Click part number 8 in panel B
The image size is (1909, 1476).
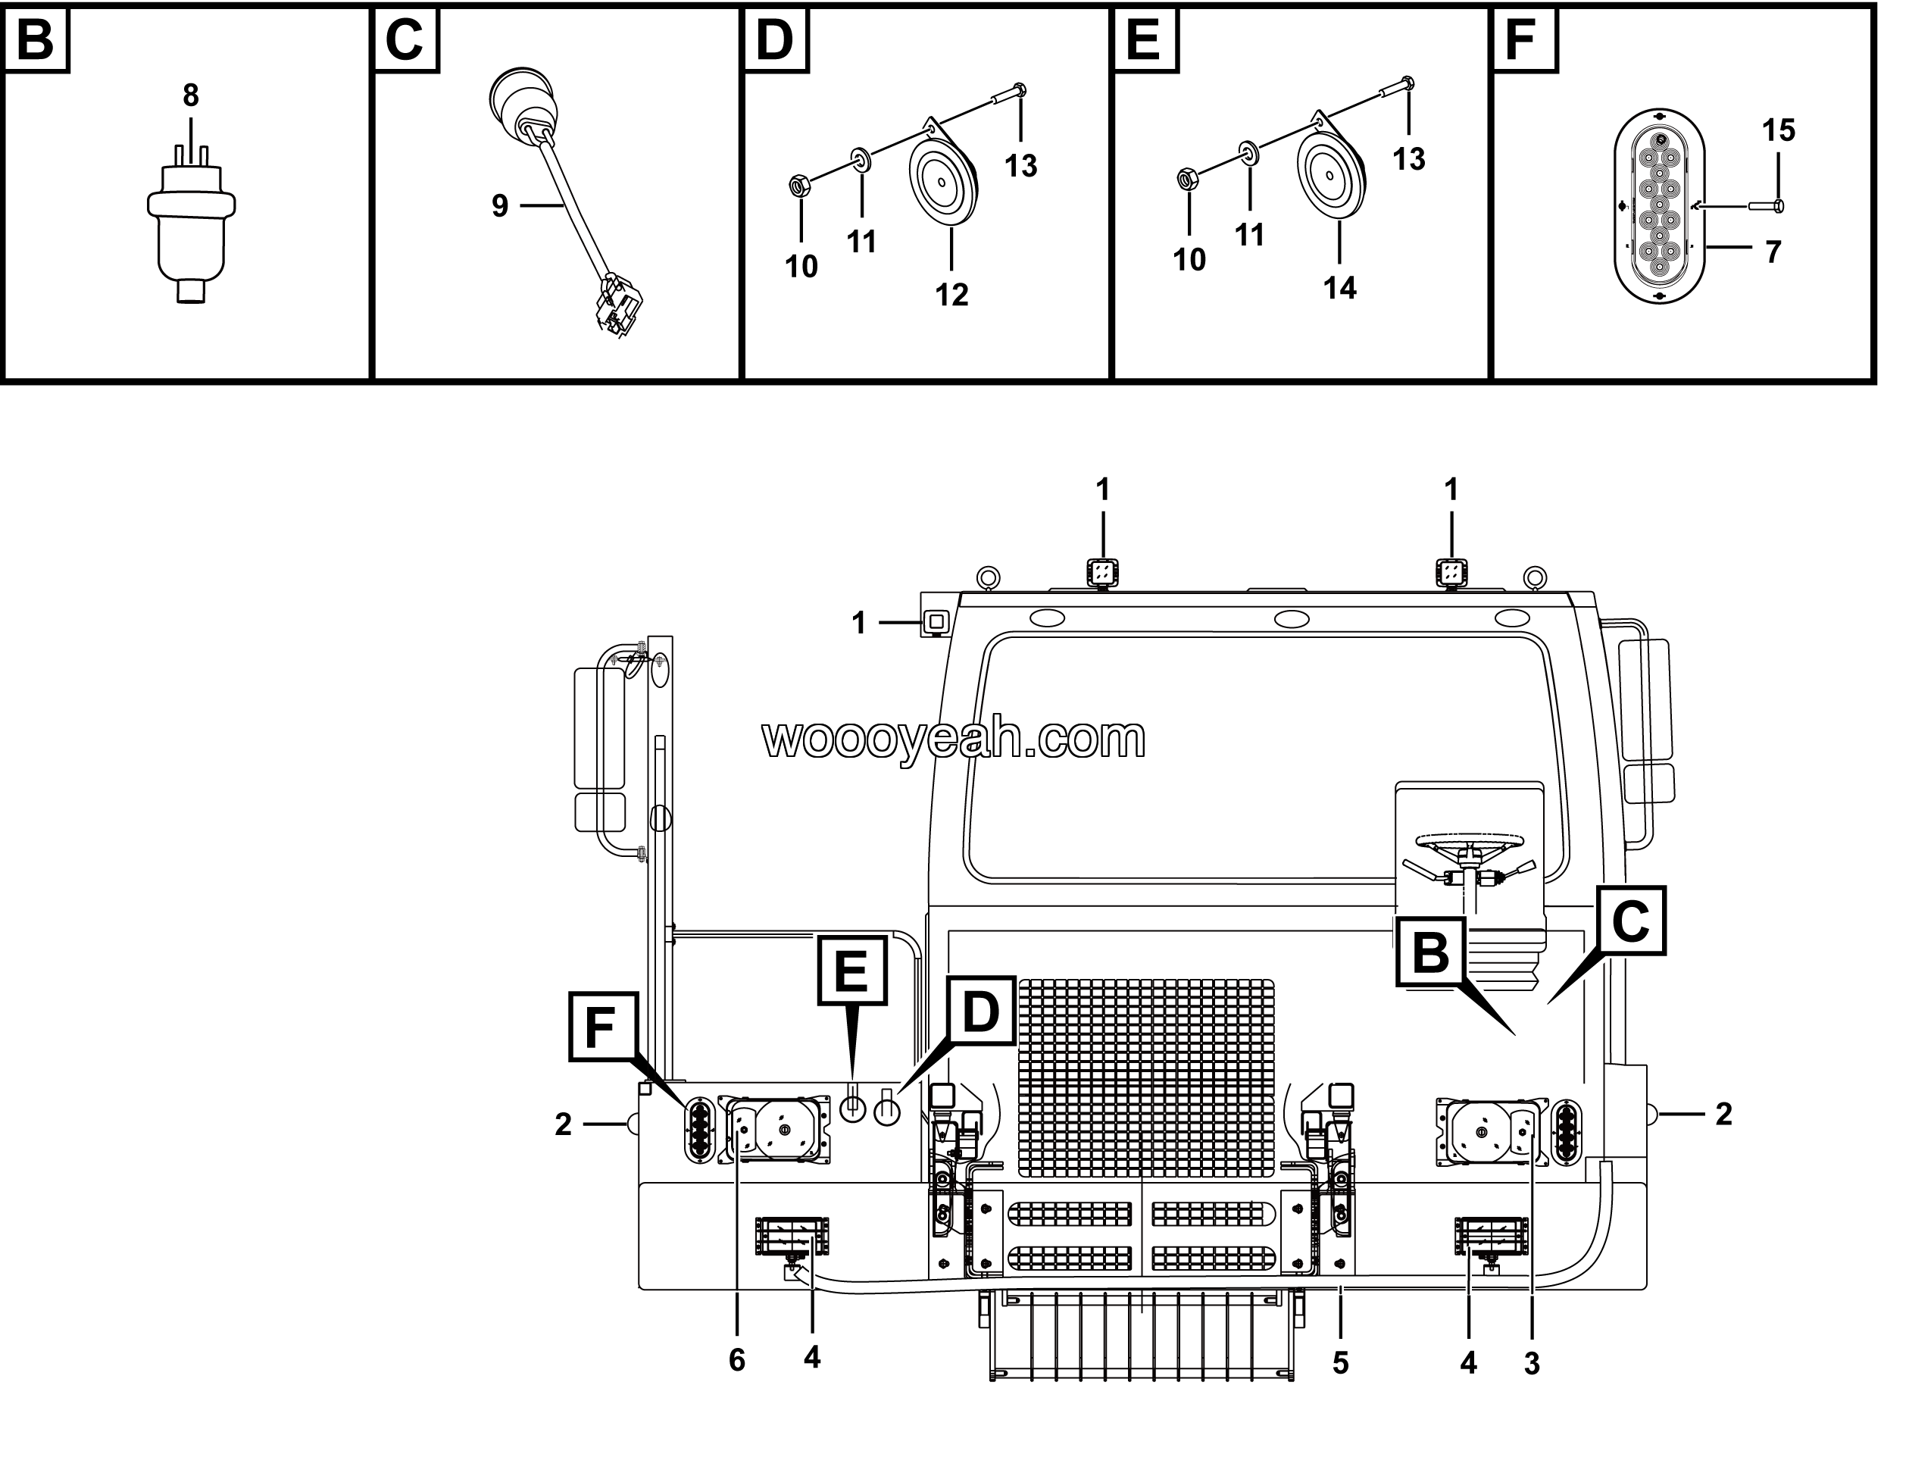191,95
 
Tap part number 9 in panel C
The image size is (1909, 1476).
499,206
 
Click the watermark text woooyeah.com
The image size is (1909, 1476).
954,740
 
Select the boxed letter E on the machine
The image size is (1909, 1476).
851,971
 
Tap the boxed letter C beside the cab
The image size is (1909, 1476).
1630,920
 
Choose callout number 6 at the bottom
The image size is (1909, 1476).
737,1361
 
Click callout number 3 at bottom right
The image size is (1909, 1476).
1532,1363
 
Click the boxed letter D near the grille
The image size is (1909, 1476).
981,1012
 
